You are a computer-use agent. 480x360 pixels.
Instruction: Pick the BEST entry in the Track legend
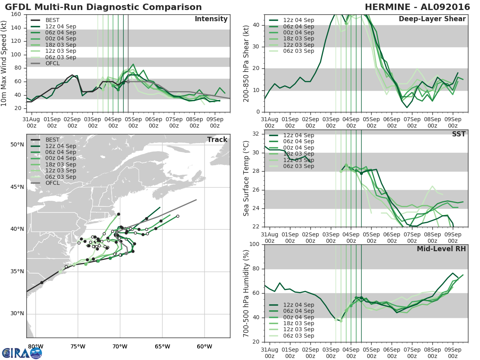pos(53,140)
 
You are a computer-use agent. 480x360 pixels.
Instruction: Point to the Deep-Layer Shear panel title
pos(432,19)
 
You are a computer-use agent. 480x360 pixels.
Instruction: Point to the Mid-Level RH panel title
pos(441,249)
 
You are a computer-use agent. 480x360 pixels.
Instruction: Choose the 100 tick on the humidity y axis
pos(255,244)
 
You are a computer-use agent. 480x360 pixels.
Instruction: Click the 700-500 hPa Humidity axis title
pos(246,293)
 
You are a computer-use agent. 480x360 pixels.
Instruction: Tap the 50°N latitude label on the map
pos(17,144)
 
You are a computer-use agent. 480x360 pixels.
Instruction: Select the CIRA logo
pos(22,353)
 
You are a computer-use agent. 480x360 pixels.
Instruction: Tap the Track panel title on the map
pos(217,140)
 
